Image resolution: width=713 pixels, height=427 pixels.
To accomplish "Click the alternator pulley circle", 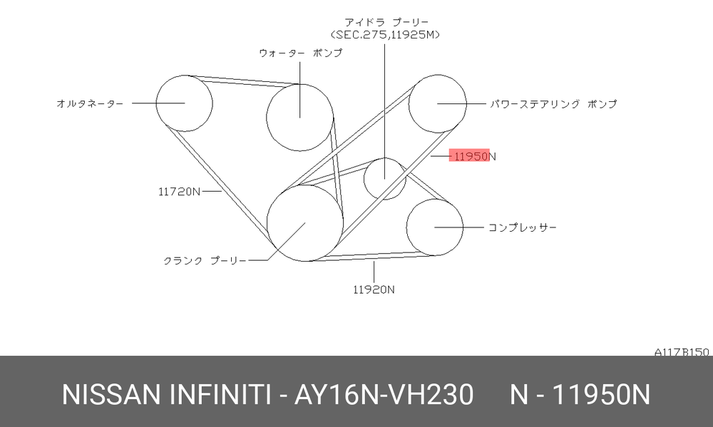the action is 156,103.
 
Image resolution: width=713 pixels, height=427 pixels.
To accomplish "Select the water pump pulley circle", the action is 267,118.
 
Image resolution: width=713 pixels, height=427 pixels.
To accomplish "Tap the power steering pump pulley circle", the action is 409,103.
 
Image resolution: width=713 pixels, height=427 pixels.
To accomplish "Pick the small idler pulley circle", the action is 364,179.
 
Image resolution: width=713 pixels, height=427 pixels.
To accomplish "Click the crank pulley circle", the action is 267,223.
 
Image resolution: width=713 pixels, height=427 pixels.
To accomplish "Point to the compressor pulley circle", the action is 406,227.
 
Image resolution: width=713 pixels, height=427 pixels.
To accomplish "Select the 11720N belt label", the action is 179,192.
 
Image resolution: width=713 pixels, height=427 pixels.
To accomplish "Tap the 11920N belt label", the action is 374,289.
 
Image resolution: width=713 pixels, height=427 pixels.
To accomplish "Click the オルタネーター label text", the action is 90,103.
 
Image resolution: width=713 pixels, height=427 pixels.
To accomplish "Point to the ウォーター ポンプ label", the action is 301,53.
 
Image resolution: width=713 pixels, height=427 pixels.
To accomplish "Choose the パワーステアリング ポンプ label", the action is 553,103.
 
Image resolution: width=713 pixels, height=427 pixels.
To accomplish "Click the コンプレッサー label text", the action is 523,227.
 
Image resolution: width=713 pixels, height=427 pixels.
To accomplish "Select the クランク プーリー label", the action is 205,261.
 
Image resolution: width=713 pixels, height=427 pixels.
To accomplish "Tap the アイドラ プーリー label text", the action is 386,22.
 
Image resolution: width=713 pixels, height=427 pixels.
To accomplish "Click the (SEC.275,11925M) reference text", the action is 386,34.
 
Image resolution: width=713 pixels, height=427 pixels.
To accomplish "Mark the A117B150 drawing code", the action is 682,352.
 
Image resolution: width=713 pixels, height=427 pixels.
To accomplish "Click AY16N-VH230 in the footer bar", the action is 384,394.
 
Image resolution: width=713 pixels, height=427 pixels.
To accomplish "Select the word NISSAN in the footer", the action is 111,394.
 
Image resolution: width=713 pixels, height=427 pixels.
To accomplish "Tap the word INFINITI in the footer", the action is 220,394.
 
